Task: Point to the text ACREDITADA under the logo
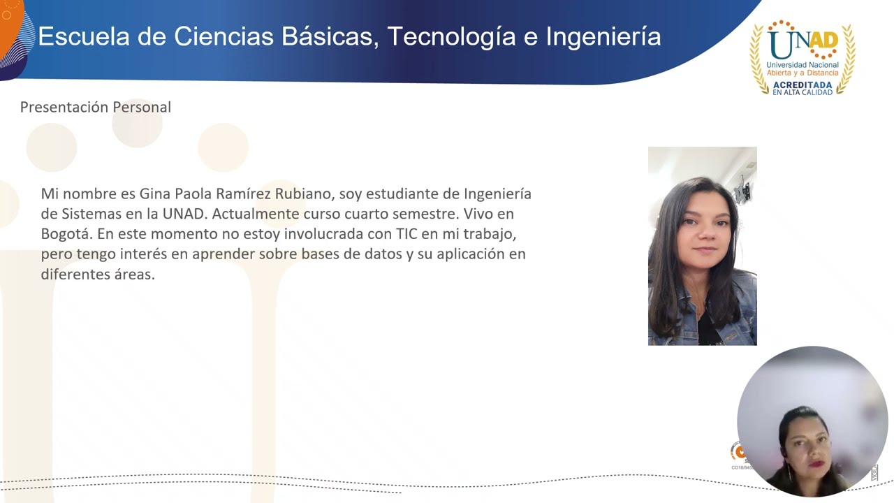pyautogui.click(x=803, y=85)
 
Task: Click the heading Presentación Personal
pyautogui.click(x=96, y=107)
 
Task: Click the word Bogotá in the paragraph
pyautogui.click(x=66, y=233)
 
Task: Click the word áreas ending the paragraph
pyautogui.click(x=134, y=274)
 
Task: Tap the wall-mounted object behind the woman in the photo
pyautogui.click(x=743, y=189)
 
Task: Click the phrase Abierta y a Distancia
pyautogui.click(x=803, y=73)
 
